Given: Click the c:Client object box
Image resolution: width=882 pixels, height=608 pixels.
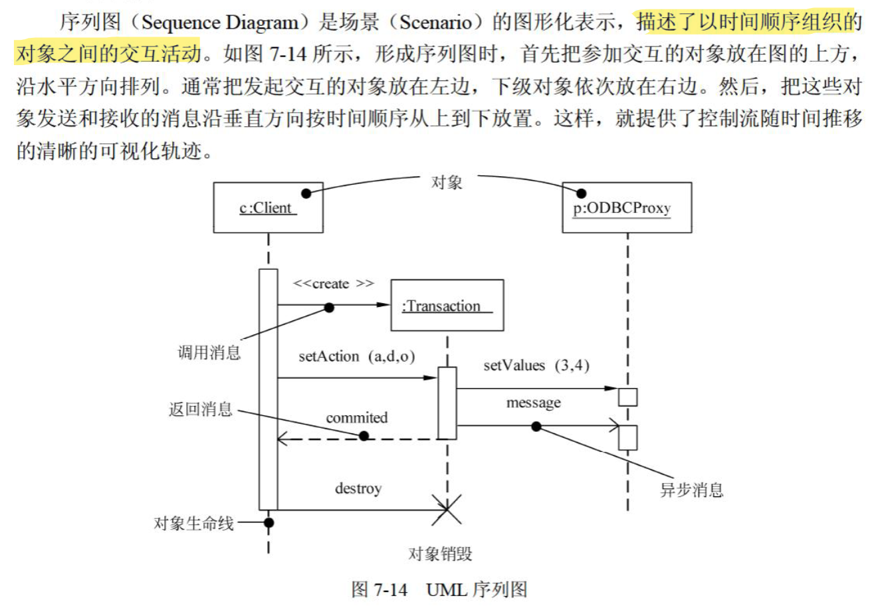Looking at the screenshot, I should point(268,208).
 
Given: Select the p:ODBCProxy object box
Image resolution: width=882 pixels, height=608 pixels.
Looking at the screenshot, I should point(626,208).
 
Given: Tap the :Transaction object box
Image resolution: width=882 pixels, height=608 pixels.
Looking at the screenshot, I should point(447,306).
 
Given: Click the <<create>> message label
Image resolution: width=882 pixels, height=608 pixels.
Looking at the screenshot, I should point(333,284).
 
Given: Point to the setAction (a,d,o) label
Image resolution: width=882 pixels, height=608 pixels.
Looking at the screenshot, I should point(356,357).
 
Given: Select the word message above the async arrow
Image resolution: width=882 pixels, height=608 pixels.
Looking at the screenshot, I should point(533,403).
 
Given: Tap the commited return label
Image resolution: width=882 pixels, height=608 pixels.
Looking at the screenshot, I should point(356,418).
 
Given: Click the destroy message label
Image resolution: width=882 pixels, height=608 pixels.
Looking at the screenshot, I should point(358,489).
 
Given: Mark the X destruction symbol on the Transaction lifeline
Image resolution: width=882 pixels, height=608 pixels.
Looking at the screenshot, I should point(447,510).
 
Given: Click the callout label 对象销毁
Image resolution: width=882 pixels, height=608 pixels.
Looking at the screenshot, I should point(440,554).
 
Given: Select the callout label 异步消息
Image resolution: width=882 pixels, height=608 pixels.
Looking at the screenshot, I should point(691,490).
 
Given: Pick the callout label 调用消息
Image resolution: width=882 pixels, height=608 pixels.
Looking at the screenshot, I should point(209,352).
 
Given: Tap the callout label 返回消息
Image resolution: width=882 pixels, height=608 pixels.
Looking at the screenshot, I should point(201,409).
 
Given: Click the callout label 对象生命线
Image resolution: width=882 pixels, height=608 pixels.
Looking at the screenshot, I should point(194,523).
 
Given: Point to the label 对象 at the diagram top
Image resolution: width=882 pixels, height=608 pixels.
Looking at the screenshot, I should point(447,182).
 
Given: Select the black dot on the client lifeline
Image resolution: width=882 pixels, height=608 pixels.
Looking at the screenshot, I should point(269,522).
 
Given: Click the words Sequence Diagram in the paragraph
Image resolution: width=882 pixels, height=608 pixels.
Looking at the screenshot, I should point(220,23).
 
